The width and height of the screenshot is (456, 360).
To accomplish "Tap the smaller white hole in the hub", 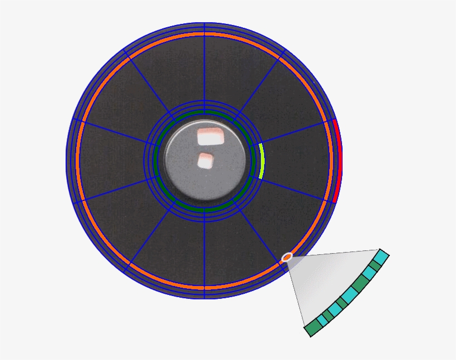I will point(205,160).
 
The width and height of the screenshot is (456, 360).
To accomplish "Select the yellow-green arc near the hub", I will point(261,161).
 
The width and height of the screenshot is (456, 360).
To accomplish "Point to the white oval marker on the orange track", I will point(287,257).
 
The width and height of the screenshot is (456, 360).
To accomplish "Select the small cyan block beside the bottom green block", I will point(321,322).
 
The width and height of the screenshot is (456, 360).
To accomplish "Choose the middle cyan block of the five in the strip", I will point(349,295).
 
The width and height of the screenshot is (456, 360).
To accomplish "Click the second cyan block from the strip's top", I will point(370,273).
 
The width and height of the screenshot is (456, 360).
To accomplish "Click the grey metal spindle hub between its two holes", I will point(205,149).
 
